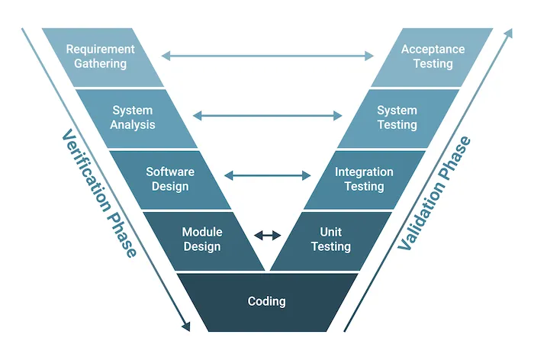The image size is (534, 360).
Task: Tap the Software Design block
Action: (x=169, y=178)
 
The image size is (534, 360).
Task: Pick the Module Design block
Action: (x=202, y=239)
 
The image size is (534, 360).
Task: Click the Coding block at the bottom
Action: (x=266, y=301)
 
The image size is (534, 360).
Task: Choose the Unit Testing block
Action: (x=330, y=239)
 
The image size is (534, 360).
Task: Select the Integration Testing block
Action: (x=364, y=178)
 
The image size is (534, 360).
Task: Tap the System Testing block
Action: (x=397, y=117)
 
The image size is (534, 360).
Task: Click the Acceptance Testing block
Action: (x=432, y=56)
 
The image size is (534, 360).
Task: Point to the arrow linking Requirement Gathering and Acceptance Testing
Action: (x=267, y=55)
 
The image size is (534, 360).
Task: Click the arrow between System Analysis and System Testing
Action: (x=267, y=116)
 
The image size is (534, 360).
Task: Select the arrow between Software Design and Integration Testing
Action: (x=267, y=176)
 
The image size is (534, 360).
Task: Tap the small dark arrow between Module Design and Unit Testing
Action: (x=267, y=236)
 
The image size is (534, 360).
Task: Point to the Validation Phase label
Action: (x=435, y=194)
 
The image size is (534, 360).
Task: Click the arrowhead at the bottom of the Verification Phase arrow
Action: (x=185, y=326)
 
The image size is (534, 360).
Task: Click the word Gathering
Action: (x=100, y=64)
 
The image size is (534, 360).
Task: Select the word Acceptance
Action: (x=433, y=49)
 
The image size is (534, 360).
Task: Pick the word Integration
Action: (x=364, y=172)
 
